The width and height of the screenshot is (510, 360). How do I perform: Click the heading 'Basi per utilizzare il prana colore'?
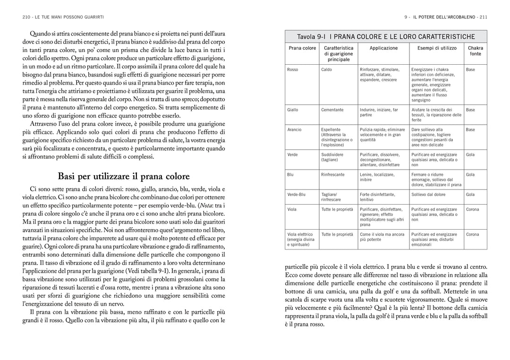pyautogui.click(x=123, y=176)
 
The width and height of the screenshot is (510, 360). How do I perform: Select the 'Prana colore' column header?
pyautogui.click(x=302, y=48)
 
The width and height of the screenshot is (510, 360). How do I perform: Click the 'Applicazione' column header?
pyautogui.click(x=383, y=48)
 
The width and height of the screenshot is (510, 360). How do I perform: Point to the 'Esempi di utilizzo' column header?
pyautogui.click(x=437, y=48)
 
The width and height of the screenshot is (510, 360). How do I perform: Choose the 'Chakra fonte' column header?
pyautogui.click(x=476, y=51)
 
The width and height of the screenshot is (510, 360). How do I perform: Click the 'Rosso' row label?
pyautogui.click(x=293, y=69)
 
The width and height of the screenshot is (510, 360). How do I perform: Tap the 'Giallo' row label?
pyautogui.click(x=293, y=110)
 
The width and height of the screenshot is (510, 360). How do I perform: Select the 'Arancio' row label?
pyautogui.click(x=294, y=129)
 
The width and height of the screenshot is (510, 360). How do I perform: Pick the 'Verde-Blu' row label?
pyautogui.click(x=296, y=194)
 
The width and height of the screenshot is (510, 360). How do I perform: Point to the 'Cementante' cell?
pyautogui.click(x=332, y=110)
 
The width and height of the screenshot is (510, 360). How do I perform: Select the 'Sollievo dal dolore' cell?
pyautogui.click(x=428, y=194)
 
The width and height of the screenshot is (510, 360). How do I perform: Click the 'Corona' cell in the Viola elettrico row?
pyautogui.click(x=472, y=234)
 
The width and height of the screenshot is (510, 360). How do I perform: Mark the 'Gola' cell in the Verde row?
pyautogui.click(x=470, y=154)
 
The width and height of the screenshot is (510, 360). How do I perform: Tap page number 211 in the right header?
pyautogui.click(x=483, y=17)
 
